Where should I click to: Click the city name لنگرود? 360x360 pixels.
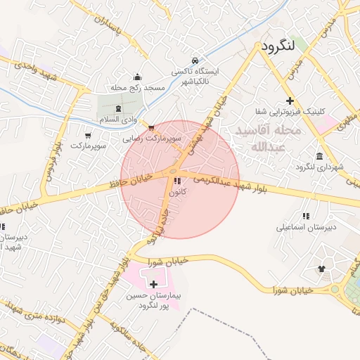[x=277, y=46]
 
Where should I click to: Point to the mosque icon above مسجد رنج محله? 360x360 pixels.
[x=137, y=77]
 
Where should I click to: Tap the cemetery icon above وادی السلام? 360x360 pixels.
[x=117, y=109]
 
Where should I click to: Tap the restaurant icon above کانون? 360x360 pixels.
[x=174, y=181]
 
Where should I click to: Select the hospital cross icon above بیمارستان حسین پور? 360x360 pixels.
[x=154, y=284]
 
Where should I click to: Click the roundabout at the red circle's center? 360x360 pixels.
[x=173, y=172]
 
